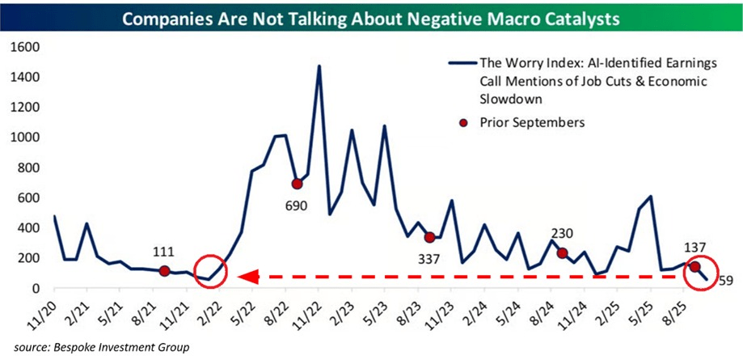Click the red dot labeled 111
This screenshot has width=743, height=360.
(x=164, y=271)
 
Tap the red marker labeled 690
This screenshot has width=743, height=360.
(x=297, y=184)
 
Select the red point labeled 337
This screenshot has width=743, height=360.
(x=430, y=237)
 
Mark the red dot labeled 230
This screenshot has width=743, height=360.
(x=562, y=253)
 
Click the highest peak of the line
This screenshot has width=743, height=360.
(x=319, y=66)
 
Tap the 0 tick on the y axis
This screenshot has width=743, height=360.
(x=36, y=288)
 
